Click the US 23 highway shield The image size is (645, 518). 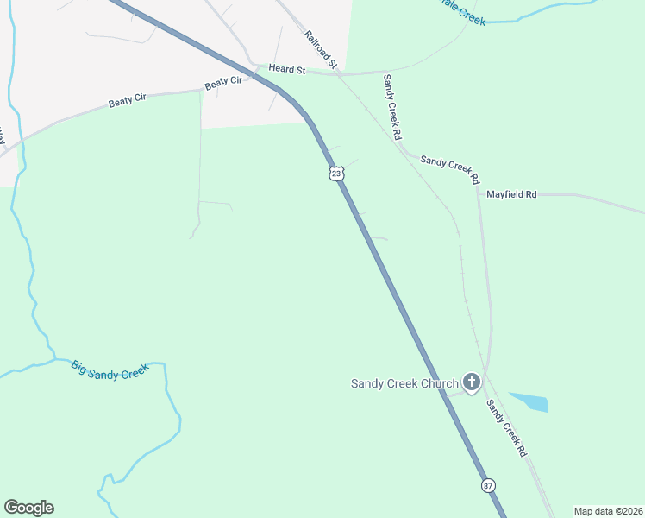[336, 174]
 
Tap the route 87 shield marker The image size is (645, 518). [489, 485]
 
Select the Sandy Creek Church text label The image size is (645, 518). [404, 383]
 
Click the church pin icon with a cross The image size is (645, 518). [471, 382]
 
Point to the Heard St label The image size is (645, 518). [287, 68]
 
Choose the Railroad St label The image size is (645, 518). [319, 48]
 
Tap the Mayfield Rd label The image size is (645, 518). [511, 195]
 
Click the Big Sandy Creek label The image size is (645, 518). [110, 370]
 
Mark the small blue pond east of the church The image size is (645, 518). [529, 401]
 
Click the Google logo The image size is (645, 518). [28, 508]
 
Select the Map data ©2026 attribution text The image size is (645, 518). [608, 511]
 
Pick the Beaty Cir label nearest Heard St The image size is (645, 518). [223, 83]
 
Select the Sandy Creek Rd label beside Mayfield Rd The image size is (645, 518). [449, 168]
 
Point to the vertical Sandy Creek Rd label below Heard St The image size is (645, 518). [392, 107]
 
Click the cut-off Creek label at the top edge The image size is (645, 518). [467, 16]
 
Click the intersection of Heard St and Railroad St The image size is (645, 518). [338, 73]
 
